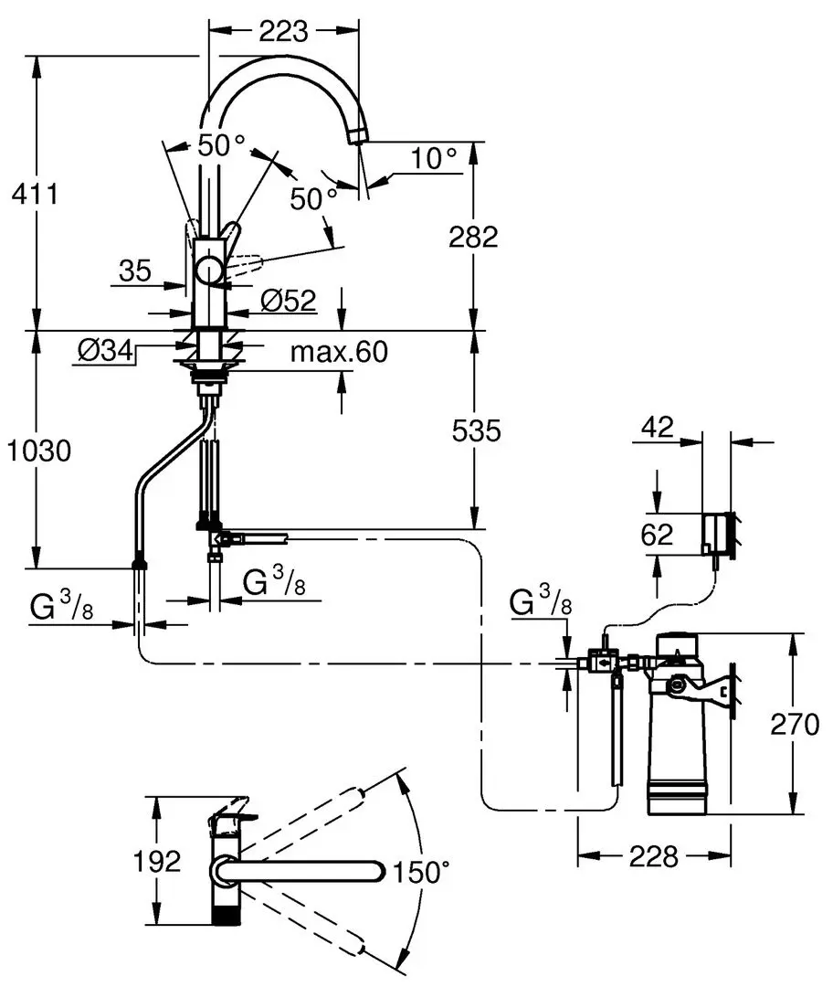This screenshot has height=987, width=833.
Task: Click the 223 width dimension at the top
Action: [x=284, y=30]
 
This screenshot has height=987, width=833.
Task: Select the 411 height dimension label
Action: [x=36, y=194]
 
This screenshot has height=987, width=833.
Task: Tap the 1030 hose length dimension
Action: [x=38, y=451]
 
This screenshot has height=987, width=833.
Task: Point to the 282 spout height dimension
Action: [x=473, y=237]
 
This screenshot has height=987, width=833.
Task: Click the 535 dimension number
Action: [x=476, y=430]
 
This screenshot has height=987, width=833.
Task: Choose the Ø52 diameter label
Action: [x=288, y=301]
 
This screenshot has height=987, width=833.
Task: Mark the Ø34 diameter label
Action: [x=105, y=350]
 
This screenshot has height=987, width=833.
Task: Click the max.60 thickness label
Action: [x=339, y=351]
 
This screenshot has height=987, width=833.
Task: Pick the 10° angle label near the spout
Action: [x=434, y=157]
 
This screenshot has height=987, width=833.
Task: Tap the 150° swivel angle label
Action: [x=422, y=873]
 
